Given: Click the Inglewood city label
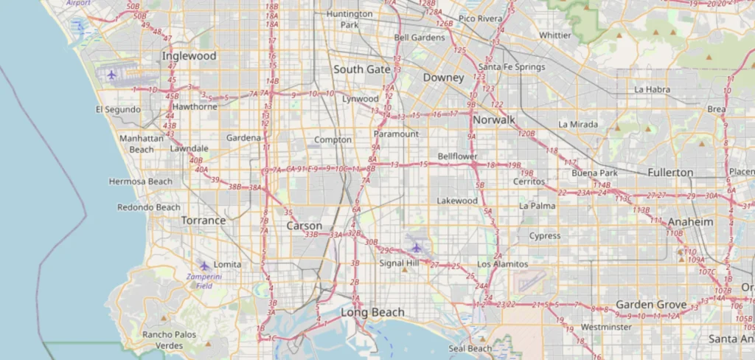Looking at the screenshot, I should tap(189, 56).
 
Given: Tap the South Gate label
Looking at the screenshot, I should tap(361, 69).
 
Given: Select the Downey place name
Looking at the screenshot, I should tap(443, 77).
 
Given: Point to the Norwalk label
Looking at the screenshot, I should tap(494, 120).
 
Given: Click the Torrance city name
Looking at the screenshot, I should tap(203, 221).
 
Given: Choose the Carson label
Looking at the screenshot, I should tap(304, 226).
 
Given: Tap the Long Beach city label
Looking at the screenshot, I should tap(372, 312).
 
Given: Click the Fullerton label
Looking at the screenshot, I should tap(670, 173).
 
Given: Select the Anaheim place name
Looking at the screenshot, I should tap(691, 222).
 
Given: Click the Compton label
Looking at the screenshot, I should tap(333, 139).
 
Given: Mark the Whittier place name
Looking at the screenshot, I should tap(555, 35).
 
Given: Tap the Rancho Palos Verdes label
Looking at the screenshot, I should tap(170, 339).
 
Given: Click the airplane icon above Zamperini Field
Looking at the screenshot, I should tap(204, 266).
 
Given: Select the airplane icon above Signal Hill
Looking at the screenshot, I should tap(417, 247).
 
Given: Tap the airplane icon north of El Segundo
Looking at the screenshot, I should tap(111, 75).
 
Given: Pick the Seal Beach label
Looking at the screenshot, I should tap(470, 348).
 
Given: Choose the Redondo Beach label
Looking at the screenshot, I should tap(148, 207).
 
